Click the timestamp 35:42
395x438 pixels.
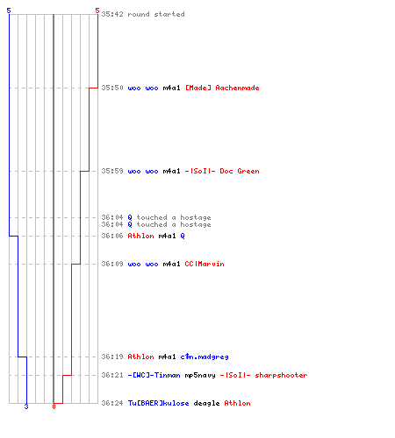(x=112, y=14)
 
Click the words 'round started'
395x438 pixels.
(x=156, y=14)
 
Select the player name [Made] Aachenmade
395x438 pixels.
(x=222, y=88)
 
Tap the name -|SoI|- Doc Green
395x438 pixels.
(x=222, y=171)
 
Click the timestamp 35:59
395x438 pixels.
(x=112, y=171)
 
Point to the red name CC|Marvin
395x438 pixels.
(x=205, y=264)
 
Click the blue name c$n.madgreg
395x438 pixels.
(x=205, y=357)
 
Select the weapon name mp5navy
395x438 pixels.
(x=200, y=376)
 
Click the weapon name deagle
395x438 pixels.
(x=206, y=403)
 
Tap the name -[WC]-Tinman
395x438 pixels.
(x=154, y=375)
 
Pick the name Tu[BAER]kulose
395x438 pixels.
(x=158, y=403)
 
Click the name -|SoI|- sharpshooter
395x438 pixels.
(x=263, y=375)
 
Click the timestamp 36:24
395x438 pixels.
(x=112, y=403)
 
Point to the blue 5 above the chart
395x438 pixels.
(x=9, y=11)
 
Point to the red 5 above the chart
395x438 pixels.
(x=97, y=11)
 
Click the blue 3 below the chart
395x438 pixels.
(x=26, y=406)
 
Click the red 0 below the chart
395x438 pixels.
(x=54, y=406)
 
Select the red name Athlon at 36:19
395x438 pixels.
(x=140, y=357)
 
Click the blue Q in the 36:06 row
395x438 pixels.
(x=183, y=236)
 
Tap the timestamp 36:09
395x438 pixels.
(x=112, y=264)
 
